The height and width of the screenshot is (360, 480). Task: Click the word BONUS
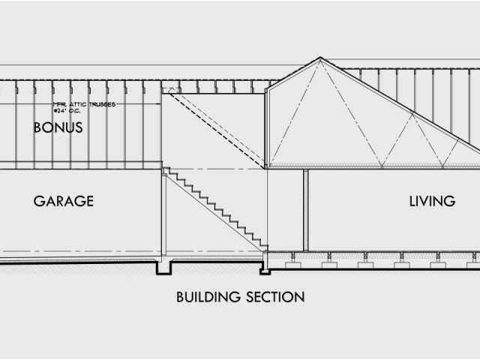point(58,128)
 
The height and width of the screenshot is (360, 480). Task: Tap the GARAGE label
point(63,201)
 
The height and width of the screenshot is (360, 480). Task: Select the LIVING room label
point(432,201)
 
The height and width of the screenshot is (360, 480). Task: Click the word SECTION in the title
point(276,297)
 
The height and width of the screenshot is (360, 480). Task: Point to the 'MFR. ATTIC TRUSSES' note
point(83,104)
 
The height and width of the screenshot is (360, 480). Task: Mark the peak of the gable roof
point(320,58)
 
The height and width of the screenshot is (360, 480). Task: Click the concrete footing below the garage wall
point(163,268)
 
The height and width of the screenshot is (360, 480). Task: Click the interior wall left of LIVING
point(305,210)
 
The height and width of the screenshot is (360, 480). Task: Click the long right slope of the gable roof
point(405,109)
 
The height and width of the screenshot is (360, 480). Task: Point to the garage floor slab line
point(75,260)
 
